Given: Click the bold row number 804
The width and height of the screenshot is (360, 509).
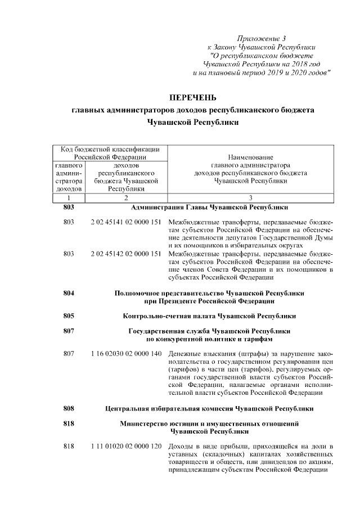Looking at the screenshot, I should click(x=69, y=293).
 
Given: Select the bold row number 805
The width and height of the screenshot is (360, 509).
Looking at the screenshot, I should click(x=69, y=316).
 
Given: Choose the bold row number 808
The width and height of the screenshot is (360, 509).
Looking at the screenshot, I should click(x=69, y=407).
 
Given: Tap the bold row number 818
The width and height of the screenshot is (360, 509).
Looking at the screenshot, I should click(x=69, y=422).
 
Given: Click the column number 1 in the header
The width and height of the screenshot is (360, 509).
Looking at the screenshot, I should click(x=69, y=198).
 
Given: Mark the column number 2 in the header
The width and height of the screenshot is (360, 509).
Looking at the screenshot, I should click(x=126, y=198).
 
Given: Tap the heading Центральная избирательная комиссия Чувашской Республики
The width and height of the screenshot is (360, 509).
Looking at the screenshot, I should click(x=209, y=407).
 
